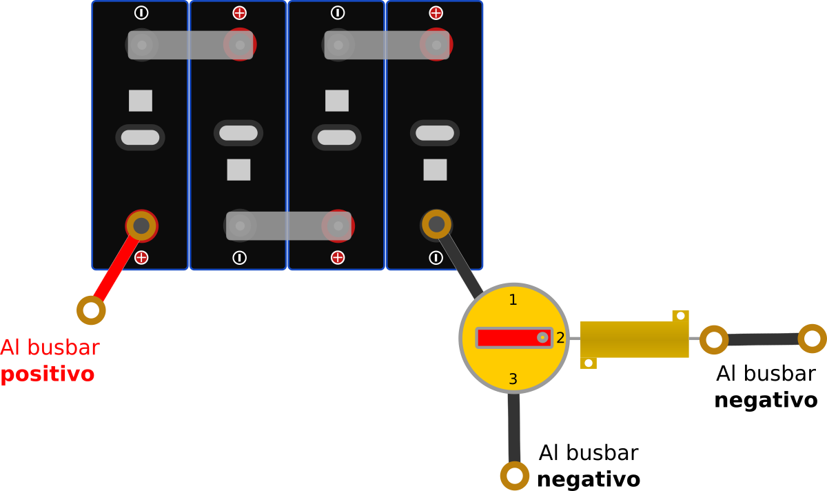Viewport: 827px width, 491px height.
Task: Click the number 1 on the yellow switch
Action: pyautogui.click(x=513, y=299)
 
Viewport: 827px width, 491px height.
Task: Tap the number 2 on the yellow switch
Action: pyautogui.click(x=560, y=338)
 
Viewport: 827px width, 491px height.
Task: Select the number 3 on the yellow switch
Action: pyautogui.click(x=513, y=379)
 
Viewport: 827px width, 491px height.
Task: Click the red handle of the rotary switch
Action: pyautogui.click(x=514, y=338)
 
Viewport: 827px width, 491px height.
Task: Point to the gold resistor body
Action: pyautogui.click(x=634, y=339)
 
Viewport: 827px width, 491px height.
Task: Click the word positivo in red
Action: pyautogui.click(x=48, y=374)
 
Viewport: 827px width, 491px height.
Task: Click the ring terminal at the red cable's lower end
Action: pyautogui.click(x=91, y=310)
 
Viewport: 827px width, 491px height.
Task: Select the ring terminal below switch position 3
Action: pyautogui.click(x=514, y=476)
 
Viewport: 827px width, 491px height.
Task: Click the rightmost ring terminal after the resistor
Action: pyautogui.click(x=812, y=339)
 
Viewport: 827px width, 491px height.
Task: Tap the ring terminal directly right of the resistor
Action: pyautogui.click(x=714, y=339)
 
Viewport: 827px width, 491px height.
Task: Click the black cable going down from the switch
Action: pyautogui.click(x=514, y=428)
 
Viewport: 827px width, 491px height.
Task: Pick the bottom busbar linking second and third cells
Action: pyautogui.click(x=288, y=226)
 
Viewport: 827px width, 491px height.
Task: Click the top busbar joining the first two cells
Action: pyautogui.click(x=190, y=45)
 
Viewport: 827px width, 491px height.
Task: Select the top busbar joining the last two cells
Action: pyautogui.click(x=387, y=45)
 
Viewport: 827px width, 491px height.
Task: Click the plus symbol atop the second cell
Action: pyautogui.click(x=239, y=13)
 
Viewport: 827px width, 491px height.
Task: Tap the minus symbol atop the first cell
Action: pyautogui.click(x=141, y=13)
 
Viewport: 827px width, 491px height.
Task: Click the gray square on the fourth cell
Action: pyautogui.click(x=435, y=170)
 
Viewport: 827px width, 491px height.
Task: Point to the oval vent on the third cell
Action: pyautogui.click(x=336, y=137)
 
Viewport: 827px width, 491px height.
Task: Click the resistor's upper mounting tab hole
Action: pyautogui.click(x=681, y=316)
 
